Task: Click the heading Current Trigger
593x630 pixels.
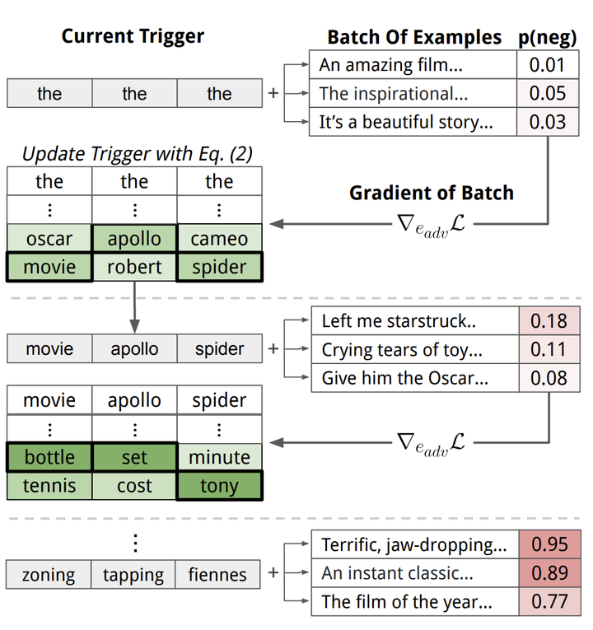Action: pos(133,36)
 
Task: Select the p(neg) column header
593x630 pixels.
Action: pos(547,37)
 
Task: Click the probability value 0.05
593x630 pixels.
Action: pos(548,93)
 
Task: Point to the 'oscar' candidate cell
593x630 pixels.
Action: pos(49,239)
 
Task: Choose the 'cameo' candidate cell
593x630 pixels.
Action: pos(219,239)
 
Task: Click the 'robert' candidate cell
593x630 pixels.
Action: pos(134,267)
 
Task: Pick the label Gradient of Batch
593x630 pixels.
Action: pos(431,193)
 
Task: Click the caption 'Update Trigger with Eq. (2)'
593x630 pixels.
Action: pos(137,153)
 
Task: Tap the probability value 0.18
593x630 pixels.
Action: pos(549,321)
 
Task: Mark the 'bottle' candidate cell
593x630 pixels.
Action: pos(49,457)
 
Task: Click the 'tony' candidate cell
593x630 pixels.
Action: pos(219,486)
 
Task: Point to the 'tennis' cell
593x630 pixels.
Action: pos(49,486)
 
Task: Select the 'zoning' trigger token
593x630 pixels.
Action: pos(49,575)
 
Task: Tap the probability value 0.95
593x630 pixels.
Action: pos(549,544)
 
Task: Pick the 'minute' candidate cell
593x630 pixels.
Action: pos(219,457)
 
